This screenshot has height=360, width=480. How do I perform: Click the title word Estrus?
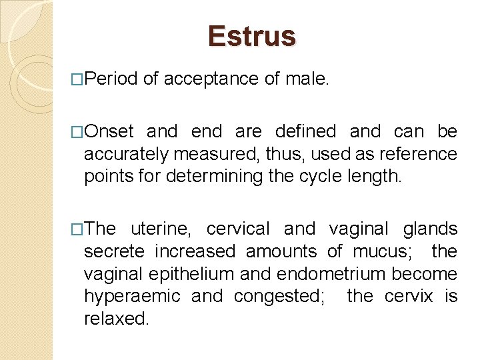[251, 36]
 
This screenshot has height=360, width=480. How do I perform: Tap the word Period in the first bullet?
[111, 79]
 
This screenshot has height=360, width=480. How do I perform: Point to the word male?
[307, 79]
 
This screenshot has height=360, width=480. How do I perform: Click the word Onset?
[110, 131]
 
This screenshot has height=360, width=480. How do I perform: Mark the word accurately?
[126, 155]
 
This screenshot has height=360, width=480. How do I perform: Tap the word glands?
[430, 229]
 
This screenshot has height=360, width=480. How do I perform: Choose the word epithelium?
[177, 274]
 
